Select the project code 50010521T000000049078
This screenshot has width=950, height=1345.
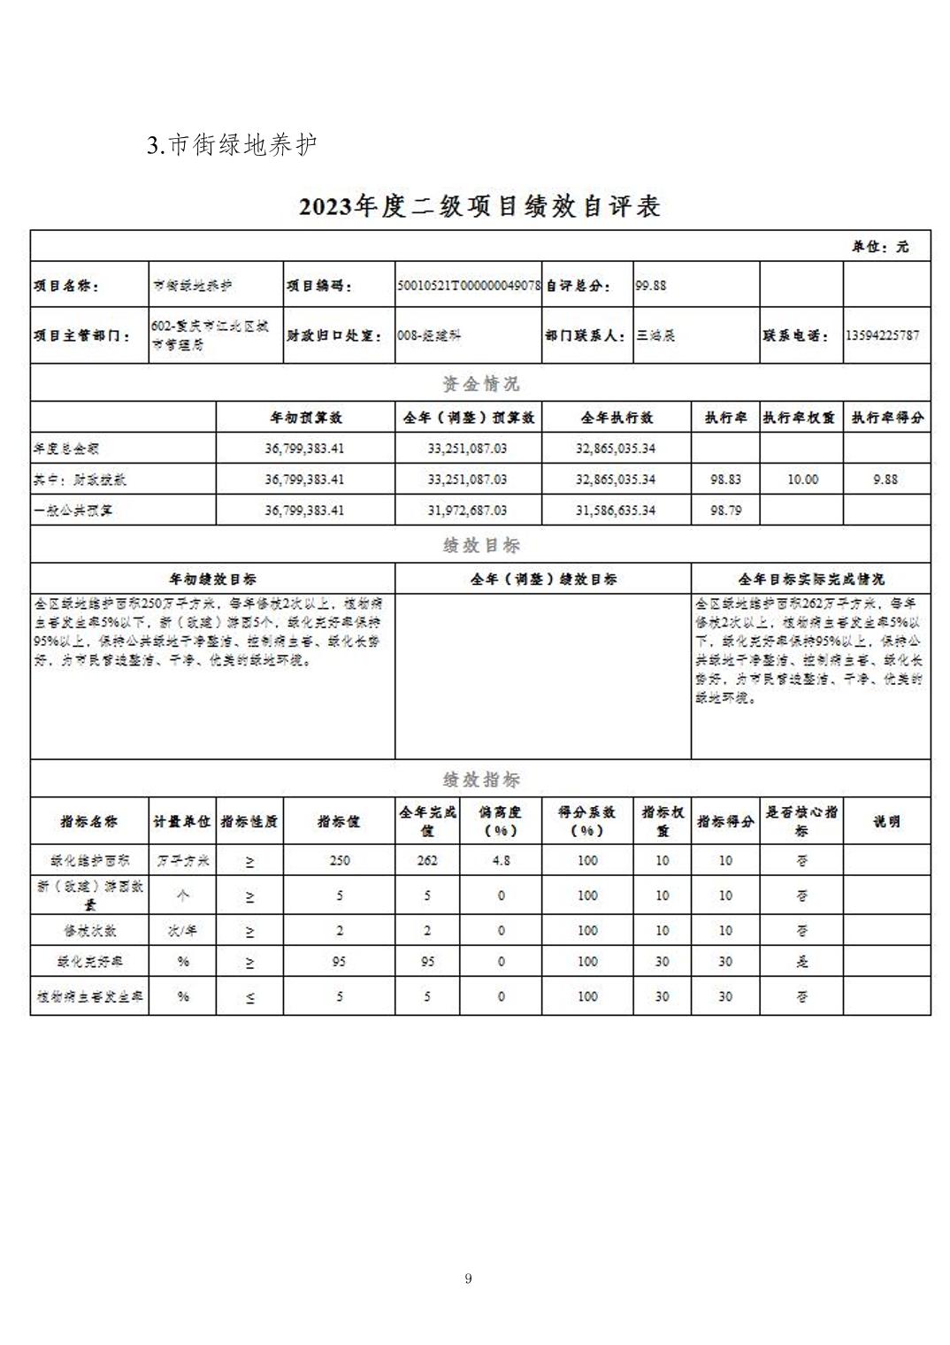tap(468, 286)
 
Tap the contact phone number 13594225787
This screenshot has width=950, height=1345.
tap(882, 335)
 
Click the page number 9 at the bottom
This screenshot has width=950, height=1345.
tap(468, 1278)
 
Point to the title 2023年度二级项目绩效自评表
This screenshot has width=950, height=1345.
tap(479, 207)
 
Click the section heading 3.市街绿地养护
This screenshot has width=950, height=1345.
tap(232, 145)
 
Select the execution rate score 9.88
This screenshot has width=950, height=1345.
tap(885, 479)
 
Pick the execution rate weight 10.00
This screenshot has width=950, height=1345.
tap(802, 479)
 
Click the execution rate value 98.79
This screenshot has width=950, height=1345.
tap(724, 511)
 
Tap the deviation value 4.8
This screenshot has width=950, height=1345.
tap(501, 860)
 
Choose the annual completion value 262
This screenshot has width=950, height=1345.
tap(427, 860)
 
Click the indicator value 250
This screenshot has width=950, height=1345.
tap(339, 860)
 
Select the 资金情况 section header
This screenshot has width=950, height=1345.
tap(480, 384)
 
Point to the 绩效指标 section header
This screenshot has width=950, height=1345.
tap(480, 780)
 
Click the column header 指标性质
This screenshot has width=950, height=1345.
tap(249, 821)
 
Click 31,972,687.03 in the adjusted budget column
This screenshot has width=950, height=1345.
tap(467, 511)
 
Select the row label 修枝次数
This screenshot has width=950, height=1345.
tap(89, 931)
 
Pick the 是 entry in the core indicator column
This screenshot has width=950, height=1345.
tap(801, 962)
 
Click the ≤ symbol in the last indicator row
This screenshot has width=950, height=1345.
tap(249, 997)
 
